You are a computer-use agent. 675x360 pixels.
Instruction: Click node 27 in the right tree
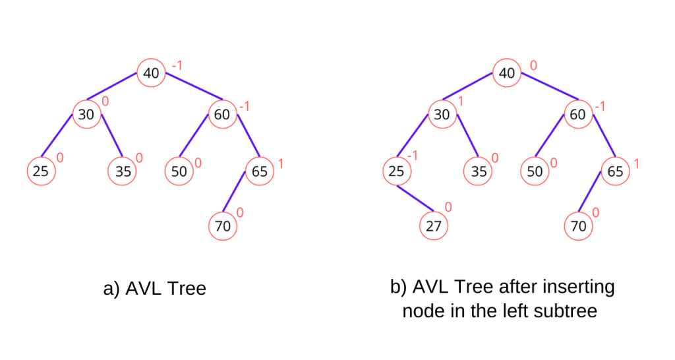click(433, 226)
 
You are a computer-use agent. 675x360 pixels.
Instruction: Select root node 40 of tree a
click(151, 73)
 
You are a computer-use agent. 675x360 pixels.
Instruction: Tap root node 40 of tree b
click(506, 73)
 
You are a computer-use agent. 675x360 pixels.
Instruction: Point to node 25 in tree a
click(41, 172)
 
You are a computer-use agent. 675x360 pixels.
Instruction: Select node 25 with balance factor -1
click(396, 172)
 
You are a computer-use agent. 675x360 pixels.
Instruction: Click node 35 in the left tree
click(121, 172)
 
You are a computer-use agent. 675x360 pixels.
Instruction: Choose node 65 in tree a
click(259, 172)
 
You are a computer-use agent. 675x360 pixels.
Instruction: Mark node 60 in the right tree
click(577, 115)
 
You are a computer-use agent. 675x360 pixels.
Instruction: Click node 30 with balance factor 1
click(442, 115)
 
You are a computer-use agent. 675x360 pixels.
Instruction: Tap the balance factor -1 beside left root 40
click(177, 66)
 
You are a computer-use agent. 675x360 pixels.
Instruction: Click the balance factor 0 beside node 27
click(449, 207)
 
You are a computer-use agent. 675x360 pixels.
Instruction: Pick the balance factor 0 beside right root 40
click(533, 66)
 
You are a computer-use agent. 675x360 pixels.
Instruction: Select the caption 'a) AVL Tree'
click(155, 289)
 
